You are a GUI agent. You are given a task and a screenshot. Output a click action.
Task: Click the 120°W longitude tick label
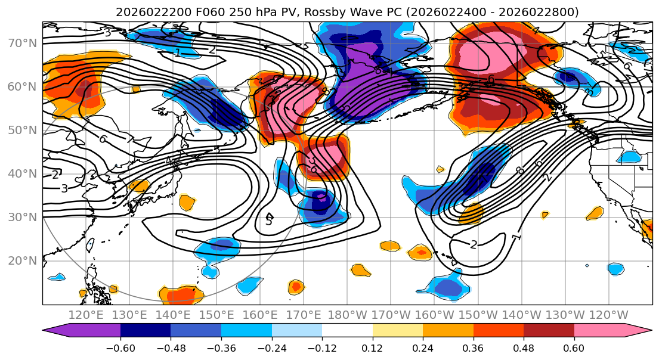(x=608, y=315)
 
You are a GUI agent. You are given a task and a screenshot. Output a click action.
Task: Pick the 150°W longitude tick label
(x=478, y=315)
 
